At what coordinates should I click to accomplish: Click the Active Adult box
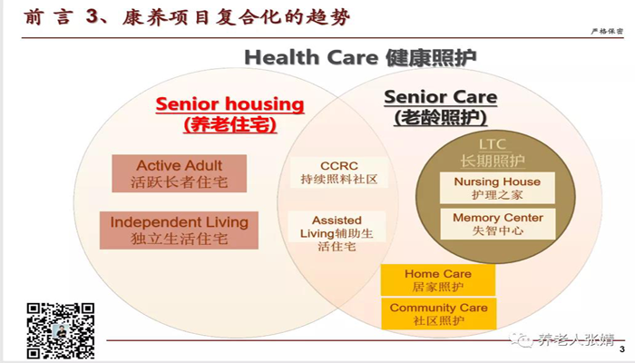pos(179,173)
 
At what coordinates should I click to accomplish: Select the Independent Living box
pos(179,231)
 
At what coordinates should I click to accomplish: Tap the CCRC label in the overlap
pos(339,166)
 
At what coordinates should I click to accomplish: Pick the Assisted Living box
pos(337,233)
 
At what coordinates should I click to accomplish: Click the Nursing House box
pos(497,189)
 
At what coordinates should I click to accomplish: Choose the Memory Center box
pos(498,224)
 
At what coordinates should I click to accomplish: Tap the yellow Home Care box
pos(438,280)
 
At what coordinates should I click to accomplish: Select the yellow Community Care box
pos(438,314)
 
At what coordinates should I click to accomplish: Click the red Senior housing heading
pos(230,104)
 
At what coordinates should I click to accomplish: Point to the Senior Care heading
pos(441,97)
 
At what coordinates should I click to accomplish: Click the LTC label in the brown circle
pos(493,144)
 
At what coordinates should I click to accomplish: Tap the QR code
pos(61,330)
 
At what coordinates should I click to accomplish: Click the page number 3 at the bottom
pos(622,349)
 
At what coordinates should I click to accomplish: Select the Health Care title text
pos(360,57)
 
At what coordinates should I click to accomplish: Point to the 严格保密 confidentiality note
pos(607,31)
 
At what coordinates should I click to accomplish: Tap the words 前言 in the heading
pos(48,17)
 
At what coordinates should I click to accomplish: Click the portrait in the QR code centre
pos(61,331)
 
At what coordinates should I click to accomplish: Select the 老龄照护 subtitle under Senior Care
pos(441,117)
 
